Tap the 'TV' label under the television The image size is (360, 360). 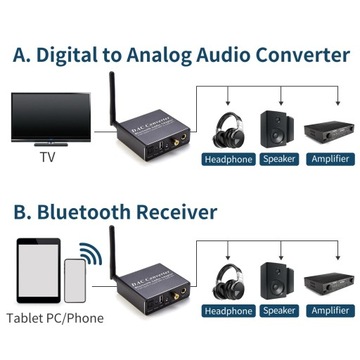[x=47, y=157]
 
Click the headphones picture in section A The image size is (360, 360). [x=232, y=129]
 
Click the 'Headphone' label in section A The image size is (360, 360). [x=229, y=159]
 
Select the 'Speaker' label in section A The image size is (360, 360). [x=279, y=159]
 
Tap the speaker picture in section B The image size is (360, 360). [x=278, y=283]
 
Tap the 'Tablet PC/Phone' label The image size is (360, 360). [x=54, y=318]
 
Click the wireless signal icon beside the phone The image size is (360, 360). [x=88, y=254]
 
